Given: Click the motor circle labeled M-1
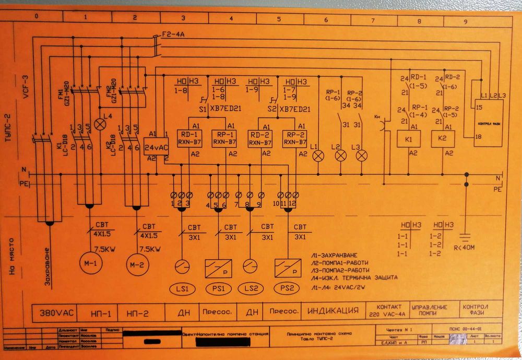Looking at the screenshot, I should click(x=88, y=262).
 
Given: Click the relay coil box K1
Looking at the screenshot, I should click(x=408, y=140).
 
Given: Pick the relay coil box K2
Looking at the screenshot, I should click(x=442, y=140).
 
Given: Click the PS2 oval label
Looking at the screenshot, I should click(x=287, y=288).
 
